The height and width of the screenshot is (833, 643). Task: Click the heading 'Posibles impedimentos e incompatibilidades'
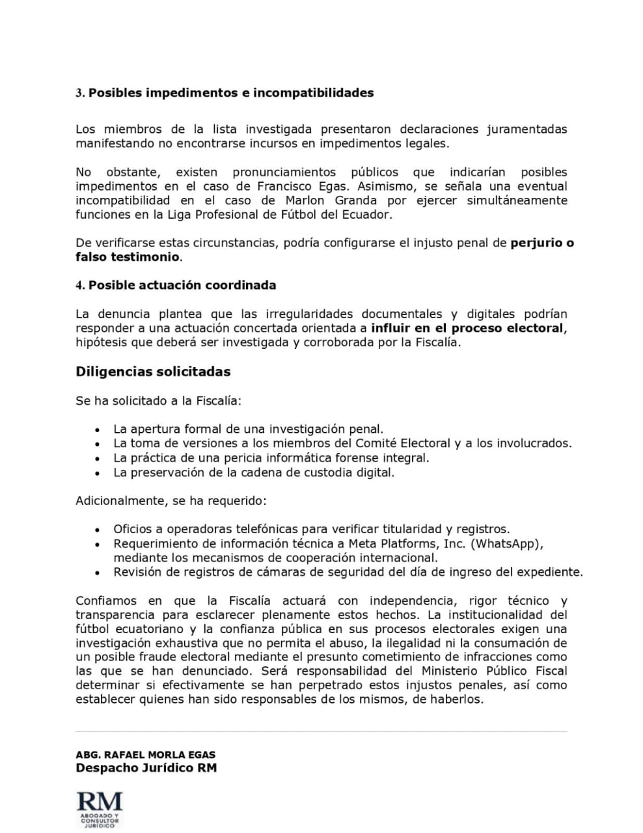[x=230, y=93]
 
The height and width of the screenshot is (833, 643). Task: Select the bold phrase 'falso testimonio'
[x=128, y=257]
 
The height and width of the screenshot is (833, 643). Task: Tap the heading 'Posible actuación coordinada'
[x=182, y=286]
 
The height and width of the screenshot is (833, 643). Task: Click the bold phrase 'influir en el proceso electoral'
[x=467, y=329]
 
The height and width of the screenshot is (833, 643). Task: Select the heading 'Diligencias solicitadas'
[x=153, y=372]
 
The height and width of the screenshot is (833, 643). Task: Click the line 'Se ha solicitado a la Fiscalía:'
[x=158, y=401]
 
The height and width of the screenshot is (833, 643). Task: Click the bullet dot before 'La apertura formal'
[x=97, y=430]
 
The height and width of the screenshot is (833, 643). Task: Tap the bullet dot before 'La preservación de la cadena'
[x=97, y=473]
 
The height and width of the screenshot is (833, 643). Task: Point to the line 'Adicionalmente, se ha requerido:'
[x=171, y=501]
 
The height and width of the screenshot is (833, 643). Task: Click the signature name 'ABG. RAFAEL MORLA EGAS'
[x=145, y=755]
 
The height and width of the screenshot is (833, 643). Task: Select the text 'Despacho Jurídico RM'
[x=146, y=768]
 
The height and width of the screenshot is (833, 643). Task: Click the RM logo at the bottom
[x=100, y=810]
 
